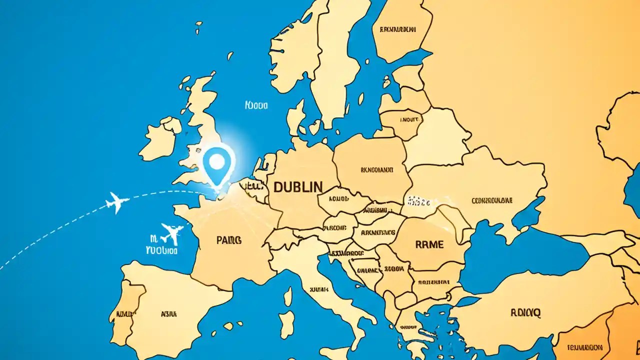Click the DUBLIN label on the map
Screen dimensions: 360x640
(x=298, y=187)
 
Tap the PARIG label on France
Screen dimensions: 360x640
(x=229, y=240)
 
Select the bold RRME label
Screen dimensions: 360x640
(x=429, y=244)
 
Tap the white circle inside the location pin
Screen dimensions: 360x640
(x=217, y=160)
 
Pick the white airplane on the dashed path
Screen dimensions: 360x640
(x=117, y=202)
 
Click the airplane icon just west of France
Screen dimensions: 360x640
(x=171, y=232)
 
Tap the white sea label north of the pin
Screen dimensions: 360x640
(x=256, y=105)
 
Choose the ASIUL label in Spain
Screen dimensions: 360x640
(x=168, y=314)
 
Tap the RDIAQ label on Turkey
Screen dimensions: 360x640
(x=525, y=313)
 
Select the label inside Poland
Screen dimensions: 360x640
(x=376, y=169)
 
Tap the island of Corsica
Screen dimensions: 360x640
(x=288, y=296)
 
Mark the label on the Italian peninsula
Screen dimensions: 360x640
(x=319, y=289)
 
